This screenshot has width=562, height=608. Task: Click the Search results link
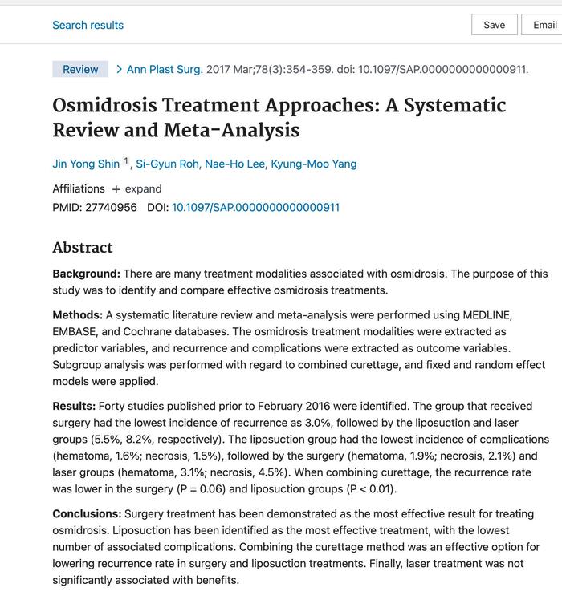pyautogui.click(x=88, y=25)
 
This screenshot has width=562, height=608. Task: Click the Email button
pyautogui.click(x=544, y=25)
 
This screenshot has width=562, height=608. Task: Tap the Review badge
pyautogui.click(x=80, y=69)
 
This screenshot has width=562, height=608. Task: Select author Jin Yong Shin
pyautogui.click(x=86, y=164)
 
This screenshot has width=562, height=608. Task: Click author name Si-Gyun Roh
pyautogui.click(x=166, y=164)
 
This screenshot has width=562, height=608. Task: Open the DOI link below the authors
pyautogui.click(x=255, y=207)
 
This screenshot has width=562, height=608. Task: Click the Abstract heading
pyautogui.click(x=83, y=247)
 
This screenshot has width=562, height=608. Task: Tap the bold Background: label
pyautogui.click(x=87, y=274)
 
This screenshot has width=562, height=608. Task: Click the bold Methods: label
pyautogui.click(x=78, y=315)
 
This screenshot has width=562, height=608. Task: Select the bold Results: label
pyautogui.click(x=75, y=407)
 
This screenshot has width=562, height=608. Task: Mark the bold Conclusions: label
pyautogui.click(x=88, y=513)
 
